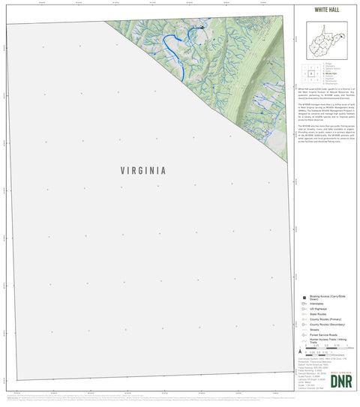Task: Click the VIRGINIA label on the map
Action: [x=142, y=170]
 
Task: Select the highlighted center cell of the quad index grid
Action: [x=310, y=74]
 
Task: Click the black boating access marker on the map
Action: [x=202, y=27]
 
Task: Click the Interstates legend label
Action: [x=318, y=304]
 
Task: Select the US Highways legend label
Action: [x=319, y=309]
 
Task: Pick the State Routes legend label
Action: [x=319, y=314]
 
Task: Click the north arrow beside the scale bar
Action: [x=300, y=351]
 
